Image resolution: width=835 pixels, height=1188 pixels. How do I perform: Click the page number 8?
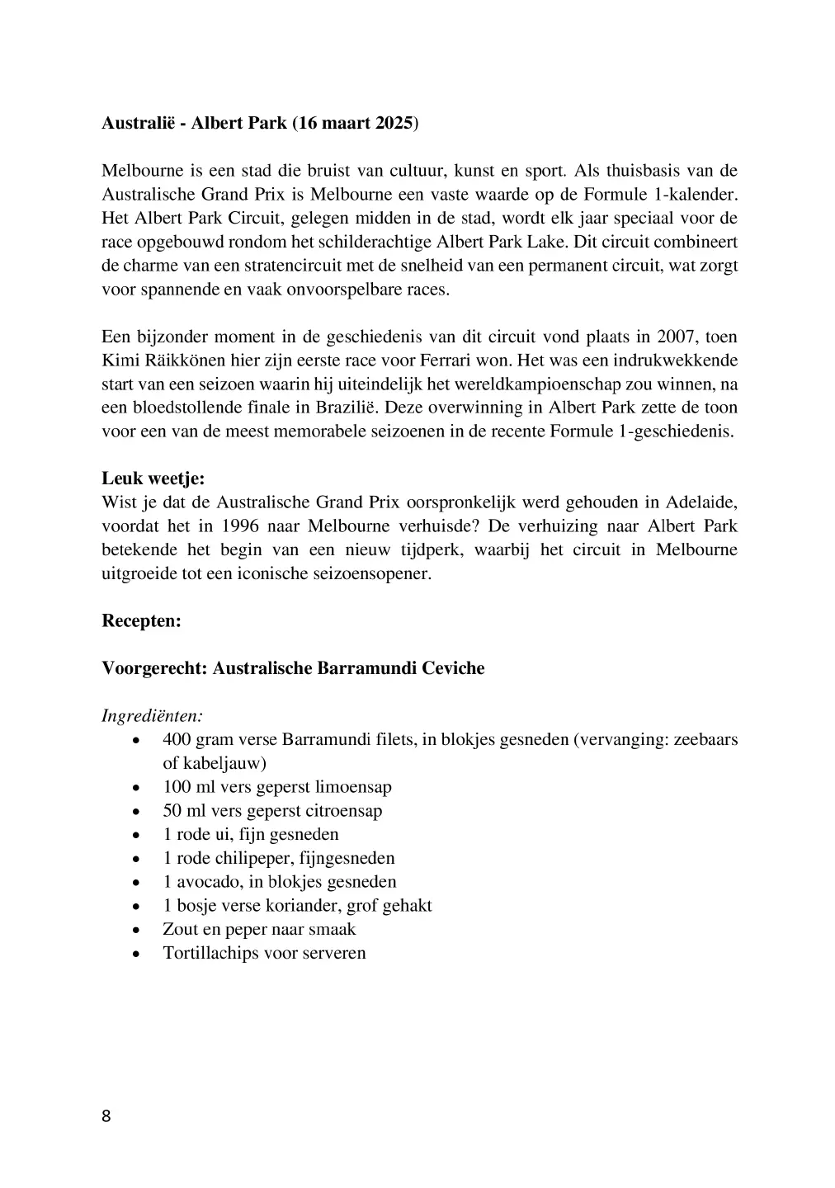point(106,1117)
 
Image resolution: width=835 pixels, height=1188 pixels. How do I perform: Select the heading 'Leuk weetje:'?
point(153,478)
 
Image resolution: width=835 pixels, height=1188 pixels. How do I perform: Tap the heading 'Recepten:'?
point(141,620)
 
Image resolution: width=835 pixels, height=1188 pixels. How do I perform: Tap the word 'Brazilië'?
point(343,408)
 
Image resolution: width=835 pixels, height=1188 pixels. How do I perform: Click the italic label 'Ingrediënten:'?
point(153,715)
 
